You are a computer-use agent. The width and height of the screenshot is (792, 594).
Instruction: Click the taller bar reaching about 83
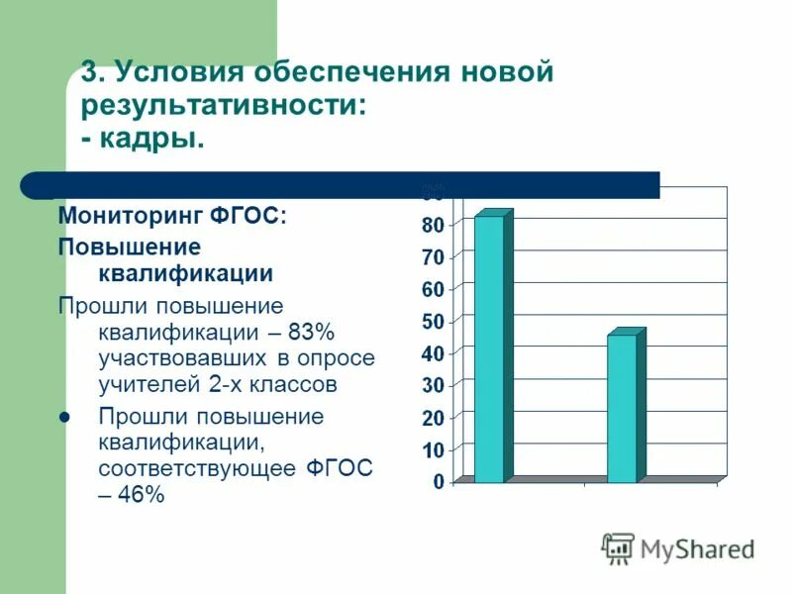tap(489, 348)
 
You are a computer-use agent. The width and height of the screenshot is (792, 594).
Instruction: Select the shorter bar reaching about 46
tap(622, 408)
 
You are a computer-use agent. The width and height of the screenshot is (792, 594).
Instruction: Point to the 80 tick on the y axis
tap(434, 225)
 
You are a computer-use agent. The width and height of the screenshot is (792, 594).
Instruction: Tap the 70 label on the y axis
tap(434, 257)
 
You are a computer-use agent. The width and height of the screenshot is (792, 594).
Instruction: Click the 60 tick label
tap(434, 289)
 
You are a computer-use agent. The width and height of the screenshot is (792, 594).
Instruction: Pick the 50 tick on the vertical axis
tap(434, 322)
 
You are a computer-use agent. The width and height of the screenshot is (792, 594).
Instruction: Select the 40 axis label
tap(434, 353)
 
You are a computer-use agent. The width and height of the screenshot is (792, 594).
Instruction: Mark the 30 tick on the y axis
tap(434, 385)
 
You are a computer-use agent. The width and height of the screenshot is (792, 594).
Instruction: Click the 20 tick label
tap(434, 418)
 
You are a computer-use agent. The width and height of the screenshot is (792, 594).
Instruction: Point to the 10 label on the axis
tap(434, 450)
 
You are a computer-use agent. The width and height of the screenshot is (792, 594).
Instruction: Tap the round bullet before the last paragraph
tap(65, 417)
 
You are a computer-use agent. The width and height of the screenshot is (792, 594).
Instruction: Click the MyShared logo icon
tap(618, 547)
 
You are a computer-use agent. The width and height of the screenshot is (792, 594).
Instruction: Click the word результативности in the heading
tap(223, 105)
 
